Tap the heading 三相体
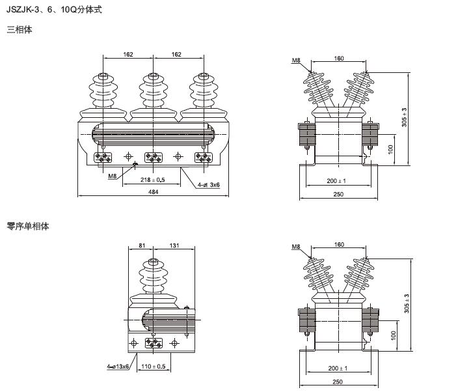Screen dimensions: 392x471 point(19,30)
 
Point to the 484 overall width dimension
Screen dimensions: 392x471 point(153,191)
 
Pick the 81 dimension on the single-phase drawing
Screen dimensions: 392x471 point(142,245)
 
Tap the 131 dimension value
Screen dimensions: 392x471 point(173,245)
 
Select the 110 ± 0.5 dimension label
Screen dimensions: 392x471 point(154,367)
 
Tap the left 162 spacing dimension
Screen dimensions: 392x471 point(128,55)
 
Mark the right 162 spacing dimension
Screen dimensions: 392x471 point(177,55)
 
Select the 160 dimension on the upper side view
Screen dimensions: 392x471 point(339,59)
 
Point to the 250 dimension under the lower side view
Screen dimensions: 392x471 point(338,382)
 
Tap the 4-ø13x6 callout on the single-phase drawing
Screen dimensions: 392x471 point(118,367)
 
